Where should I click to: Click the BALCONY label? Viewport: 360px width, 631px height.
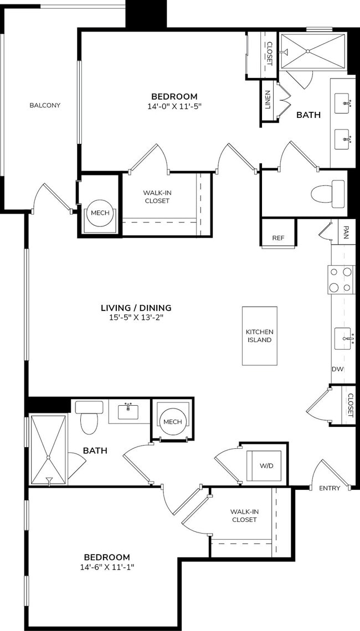click(x=45, y=105)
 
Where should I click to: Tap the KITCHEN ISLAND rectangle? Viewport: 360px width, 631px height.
click(x=259, y=336)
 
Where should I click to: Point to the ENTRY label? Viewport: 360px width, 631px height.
click(x=330, y=488)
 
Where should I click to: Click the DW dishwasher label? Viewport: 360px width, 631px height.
click(x=337, y=369)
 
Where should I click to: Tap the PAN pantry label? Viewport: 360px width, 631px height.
click(x=346, y=230)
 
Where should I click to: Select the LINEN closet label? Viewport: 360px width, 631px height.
click(x=268, y=100)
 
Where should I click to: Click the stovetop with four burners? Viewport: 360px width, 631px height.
click(x=341, y=280)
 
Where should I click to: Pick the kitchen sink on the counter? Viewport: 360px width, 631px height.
click(x=343, y=338)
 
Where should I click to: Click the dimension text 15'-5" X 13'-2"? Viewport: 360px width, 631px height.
click(x=136, y=318)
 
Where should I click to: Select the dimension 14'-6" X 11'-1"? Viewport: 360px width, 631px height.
click(x=107, y=567)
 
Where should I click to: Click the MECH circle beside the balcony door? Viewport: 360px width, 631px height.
click(x=100, y=213)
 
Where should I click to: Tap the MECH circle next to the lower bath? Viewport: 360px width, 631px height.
click(x=172, y=422)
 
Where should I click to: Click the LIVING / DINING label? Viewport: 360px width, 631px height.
click(x=136, y=308)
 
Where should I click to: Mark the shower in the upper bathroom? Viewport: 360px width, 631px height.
click(x=313, y=51)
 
